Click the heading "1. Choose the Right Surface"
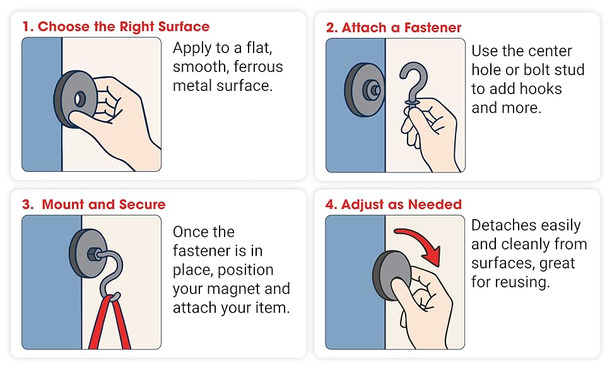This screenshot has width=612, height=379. point(115,27)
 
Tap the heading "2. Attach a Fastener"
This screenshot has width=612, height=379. point(394,28)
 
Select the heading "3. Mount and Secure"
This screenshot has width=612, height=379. point(94,205)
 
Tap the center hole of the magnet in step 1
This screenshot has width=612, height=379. point(80,99)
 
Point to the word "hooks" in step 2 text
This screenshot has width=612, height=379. point(541,89)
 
